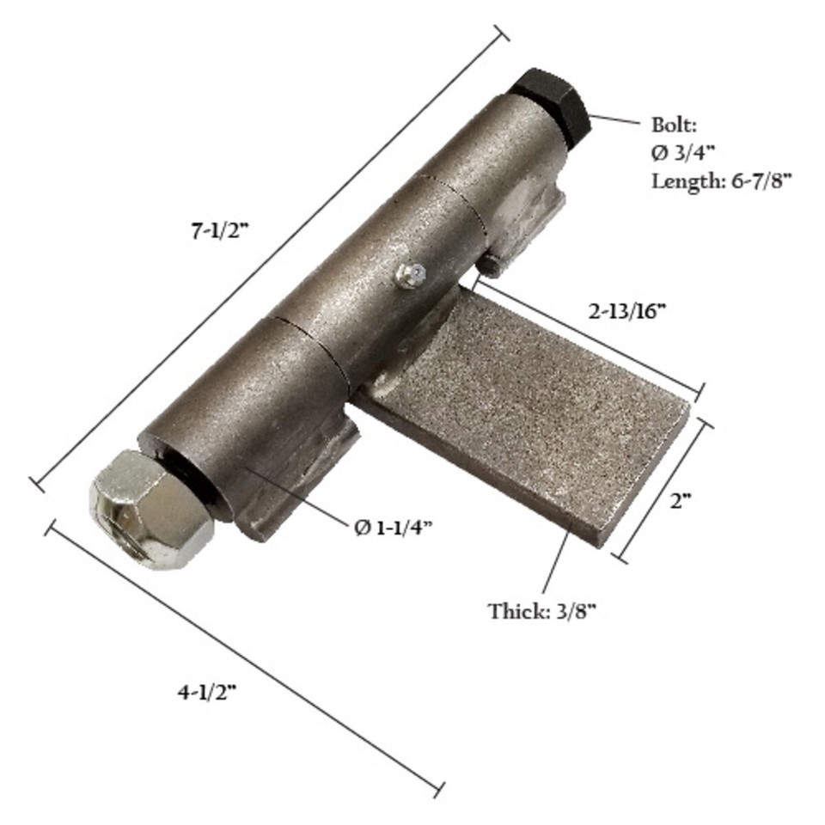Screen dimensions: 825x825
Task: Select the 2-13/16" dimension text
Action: point(628,311)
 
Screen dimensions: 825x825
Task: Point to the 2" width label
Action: point(681,501)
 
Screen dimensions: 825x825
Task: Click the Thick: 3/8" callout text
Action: point(542,612)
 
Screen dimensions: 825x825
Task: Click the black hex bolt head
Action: point(550,103)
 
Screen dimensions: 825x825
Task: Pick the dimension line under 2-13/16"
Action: point(593,339)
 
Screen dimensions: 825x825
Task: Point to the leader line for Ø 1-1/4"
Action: point(296,493)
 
